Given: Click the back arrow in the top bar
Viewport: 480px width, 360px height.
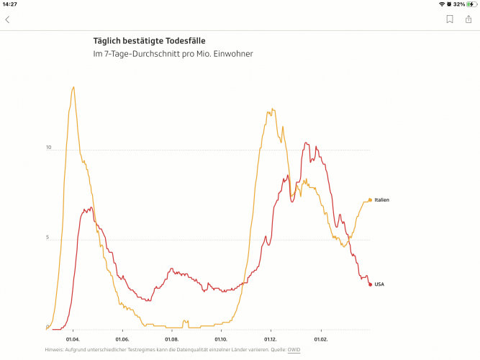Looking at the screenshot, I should click(x=8, y=19).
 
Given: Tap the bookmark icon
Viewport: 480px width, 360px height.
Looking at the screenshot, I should click(x=450, y=19).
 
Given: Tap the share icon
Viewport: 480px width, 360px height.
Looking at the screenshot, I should click(x=468, y=19).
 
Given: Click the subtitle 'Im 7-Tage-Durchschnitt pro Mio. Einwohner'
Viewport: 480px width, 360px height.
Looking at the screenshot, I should click(x=173, y=54).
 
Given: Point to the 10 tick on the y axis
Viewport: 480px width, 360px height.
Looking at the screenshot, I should click(x=48, y=148).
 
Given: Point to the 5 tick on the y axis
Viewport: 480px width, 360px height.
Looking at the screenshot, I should click(x=48, y=238).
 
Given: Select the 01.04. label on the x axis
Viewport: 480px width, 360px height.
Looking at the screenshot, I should click(x=73, y=338).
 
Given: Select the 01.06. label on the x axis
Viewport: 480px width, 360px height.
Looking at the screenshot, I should click(x=122, y=338).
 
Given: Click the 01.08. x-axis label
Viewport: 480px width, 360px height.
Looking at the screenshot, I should click(x=171, y=338).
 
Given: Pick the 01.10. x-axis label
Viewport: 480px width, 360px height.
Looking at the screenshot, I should click(x=221, y=338).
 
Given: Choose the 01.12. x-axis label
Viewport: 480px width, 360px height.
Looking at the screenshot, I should click(x=271, y=338).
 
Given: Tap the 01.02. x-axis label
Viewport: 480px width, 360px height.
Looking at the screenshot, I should click(x=320, y=338).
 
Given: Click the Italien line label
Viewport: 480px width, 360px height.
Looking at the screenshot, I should click(x=381, y=200).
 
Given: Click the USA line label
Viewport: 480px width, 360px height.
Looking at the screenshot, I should click(x=379, y=284).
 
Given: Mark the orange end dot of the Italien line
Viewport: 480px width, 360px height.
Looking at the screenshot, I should click(x=370, y=200).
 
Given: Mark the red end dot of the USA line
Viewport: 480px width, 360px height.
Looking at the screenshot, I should click(x=370, y=284).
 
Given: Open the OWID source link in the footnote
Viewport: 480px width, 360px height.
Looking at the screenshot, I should click(x=294, y=350).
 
